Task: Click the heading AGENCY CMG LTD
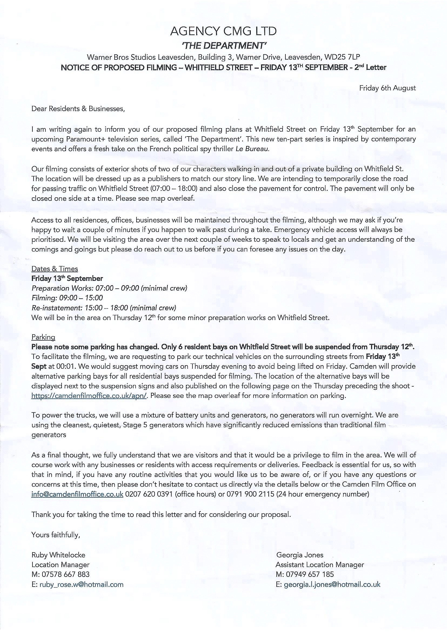223,31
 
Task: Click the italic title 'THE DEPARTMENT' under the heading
223,45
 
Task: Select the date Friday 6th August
387,88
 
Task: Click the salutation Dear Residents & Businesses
78,109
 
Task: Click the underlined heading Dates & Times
55,269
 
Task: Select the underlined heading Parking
43,337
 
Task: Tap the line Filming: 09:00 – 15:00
67,298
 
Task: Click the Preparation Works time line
109,288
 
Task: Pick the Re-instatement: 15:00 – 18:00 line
104,308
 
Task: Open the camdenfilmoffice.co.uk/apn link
89,396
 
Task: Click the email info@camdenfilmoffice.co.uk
77,494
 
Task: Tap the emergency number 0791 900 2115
250,494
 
